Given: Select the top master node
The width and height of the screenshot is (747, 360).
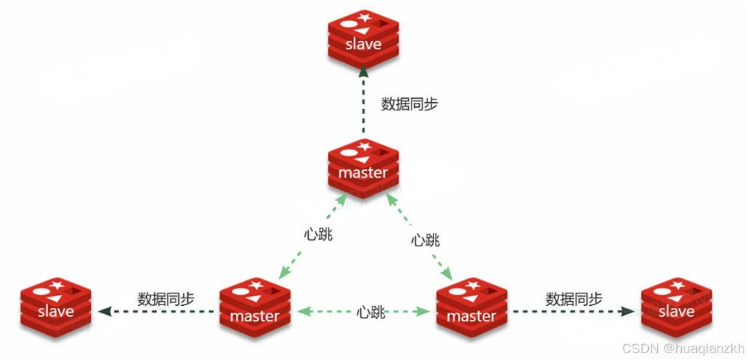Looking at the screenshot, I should click(x=364, y=167).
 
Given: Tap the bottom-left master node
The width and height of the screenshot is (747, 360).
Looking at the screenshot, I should click(x=255, y=310).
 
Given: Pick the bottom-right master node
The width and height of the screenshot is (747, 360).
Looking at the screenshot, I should click(x=471, y=310).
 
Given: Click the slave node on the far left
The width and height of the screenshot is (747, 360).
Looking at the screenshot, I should click(x=56, y=307).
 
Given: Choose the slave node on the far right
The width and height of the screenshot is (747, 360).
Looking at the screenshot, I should click(x=676, y=307).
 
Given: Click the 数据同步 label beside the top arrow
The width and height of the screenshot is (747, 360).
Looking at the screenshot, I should click(x=410, y=104).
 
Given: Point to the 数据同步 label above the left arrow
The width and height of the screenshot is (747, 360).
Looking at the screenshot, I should click(x=166, y=299).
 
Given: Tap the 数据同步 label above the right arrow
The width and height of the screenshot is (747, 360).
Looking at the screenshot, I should click(x=574, y=299).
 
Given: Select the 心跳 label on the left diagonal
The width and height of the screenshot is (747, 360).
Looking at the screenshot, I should click(x=318, y=234).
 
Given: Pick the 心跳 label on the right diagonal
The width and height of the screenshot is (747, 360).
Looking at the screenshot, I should click(x=425, y=240).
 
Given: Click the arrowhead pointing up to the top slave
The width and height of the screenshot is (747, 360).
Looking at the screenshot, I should click(x=364, y=72).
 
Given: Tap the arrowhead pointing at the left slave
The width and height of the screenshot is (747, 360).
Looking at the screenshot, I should click(x=104, y=311).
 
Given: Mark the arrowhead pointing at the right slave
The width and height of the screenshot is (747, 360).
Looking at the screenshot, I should click(x=627, y=311).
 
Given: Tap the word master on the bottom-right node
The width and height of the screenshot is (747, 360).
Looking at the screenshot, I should click(x=471, y=316).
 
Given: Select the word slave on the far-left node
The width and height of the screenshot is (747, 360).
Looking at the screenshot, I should click(x=56, y=311).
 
